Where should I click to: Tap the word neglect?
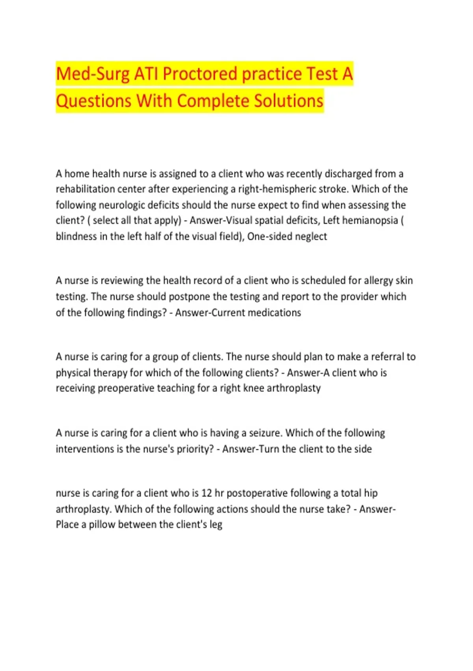click(x=311, y=236)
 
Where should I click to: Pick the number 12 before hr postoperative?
click(x=207, y=493)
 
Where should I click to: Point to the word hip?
click(x=371, y=493)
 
